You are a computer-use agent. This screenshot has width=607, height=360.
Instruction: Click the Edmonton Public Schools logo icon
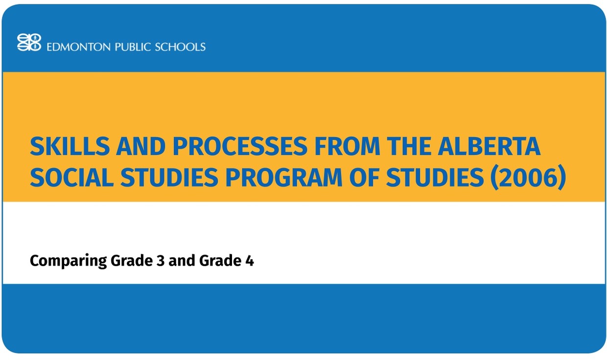tap(29, 42)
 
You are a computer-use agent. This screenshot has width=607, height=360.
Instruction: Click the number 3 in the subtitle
tap(160, 261)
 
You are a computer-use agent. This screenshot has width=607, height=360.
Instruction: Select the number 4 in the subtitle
tap(250, 261)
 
